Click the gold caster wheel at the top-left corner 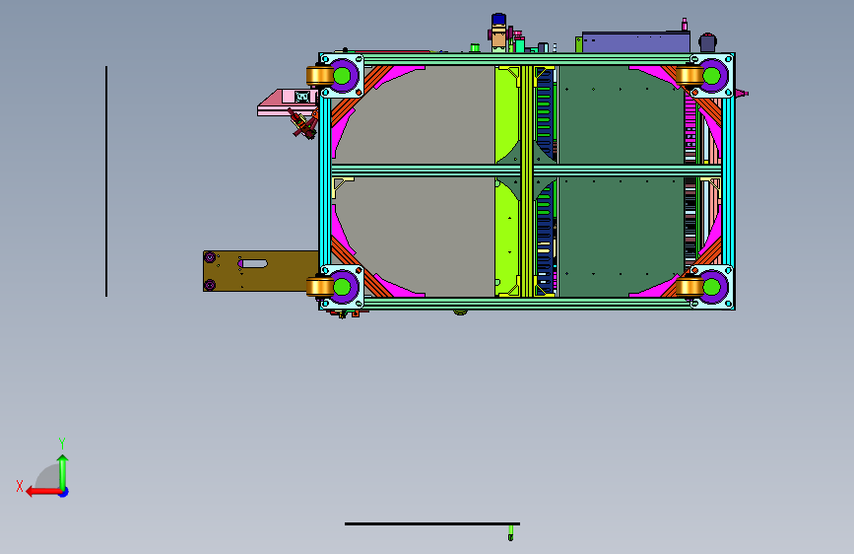[320, 76]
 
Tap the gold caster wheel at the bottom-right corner [690, 287]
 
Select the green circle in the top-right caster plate [711, 76]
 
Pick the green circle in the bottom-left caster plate [342, 286]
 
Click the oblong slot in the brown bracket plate [253, 264]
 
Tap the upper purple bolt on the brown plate [210, 257]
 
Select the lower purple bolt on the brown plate [210, 285]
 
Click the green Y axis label [62, 443]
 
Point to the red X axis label [20, 486]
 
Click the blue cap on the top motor [498, 20]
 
